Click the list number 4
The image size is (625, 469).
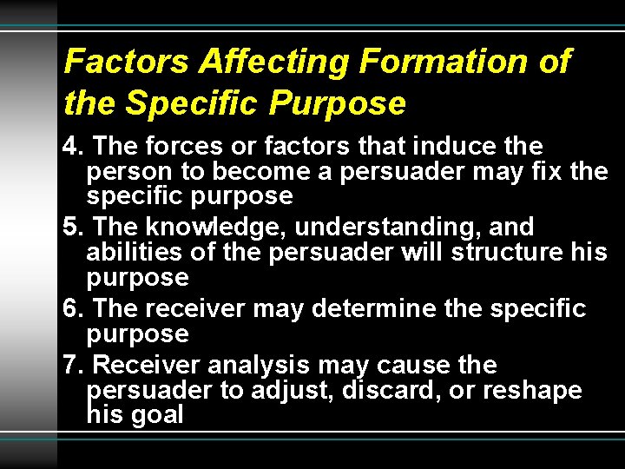[72, 146]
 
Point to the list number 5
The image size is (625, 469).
[73, 228]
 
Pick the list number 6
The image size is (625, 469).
[73, 309]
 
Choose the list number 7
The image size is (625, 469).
[73, 365]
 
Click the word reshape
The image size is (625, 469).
[531, 392]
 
